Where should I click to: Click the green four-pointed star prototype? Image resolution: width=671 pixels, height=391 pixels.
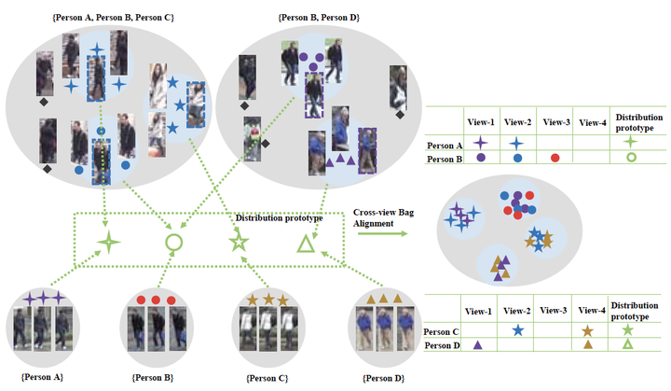pos(109,243)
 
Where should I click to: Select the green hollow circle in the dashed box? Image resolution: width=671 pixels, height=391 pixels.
pos(173,243)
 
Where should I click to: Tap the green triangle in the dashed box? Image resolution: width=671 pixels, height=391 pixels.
pos(305,245)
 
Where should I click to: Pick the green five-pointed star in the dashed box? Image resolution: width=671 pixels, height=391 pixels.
pos(239,244)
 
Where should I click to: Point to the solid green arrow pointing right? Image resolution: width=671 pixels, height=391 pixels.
pos(380,233)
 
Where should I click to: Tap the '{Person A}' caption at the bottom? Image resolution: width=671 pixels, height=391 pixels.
pos(41,378)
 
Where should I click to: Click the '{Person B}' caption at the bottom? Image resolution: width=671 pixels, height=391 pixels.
pos(153,378)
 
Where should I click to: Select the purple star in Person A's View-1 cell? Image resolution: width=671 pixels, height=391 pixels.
pos(480,143)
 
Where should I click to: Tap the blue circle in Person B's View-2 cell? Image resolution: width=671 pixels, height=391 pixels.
pos(517,159)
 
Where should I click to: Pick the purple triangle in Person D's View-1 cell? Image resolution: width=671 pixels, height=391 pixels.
pos(477,346)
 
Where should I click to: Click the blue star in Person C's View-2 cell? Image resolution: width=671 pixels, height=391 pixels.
pos(517,330)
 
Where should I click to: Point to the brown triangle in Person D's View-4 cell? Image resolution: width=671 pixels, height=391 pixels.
pos(588,346)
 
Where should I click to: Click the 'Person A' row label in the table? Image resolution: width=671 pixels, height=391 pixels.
pos(445,146)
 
